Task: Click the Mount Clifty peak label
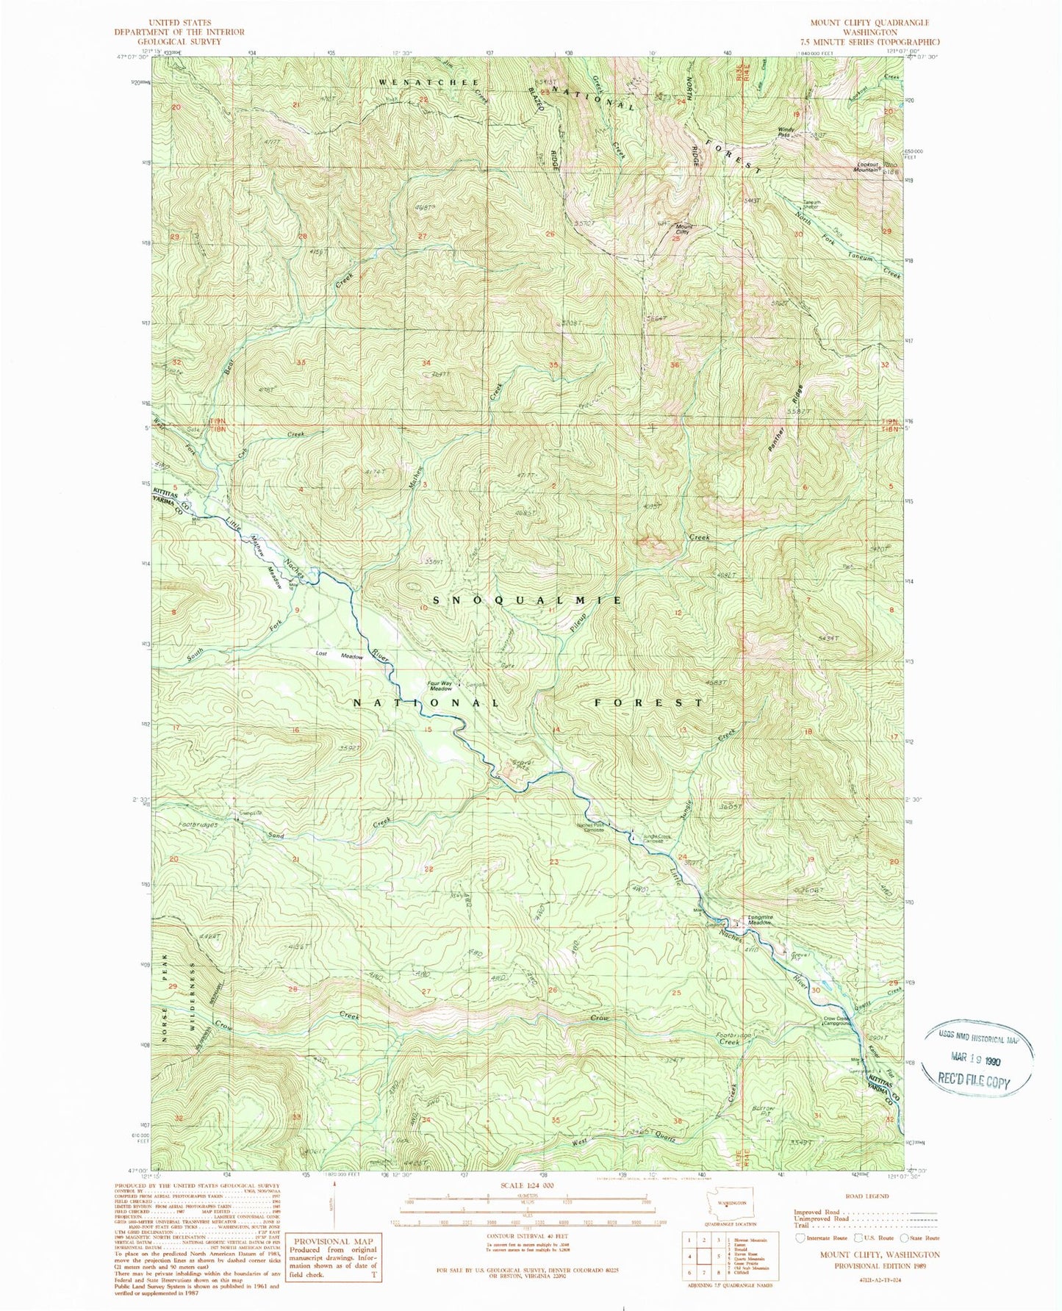click(684, 230)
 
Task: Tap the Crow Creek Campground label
click(836, 1021)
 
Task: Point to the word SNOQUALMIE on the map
click(528, 600)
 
